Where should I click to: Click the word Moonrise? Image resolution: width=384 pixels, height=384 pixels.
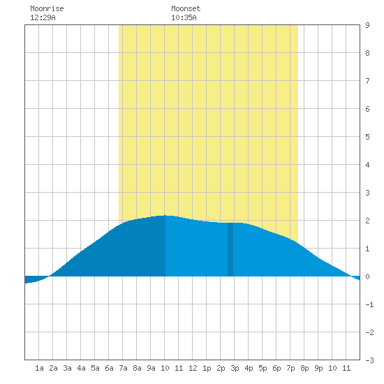click(x=47, y=8)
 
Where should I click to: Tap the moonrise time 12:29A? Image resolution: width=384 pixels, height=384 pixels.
click(x=43, y=17)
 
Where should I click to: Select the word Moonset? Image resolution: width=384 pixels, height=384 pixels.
click(x=186, y=8)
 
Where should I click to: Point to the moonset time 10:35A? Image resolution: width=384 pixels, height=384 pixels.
click(x=184, y=17)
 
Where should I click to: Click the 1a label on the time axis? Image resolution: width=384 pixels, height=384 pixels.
click(x=39, y=368)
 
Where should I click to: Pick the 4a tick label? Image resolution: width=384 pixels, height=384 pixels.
click(x=81, y=368)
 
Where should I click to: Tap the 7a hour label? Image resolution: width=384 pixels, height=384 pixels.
click(x=123, y=368)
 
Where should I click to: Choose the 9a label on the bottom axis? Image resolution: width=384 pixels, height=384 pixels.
click(x=151, y=368)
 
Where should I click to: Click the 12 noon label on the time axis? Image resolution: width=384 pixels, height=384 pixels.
click(x=193, y=368)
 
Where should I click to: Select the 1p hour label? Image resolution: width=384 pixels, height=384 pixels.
click(x=207, y=368)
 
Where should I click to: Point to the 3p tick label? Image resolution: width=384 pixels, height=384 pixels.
click(x=235, y=368)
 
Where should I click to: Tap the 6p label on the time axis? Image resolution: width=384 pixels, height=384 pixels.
click(x=276, y=368)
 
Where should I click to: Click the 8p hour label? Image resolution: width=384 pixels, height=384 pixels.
click(x=304, y=368)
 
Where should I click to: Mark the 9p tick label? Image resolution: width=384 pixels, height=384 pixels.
click(x=318, y=368)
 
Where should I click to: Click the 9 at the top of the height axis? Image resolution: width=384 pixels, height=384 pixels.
click(x=367, y=25)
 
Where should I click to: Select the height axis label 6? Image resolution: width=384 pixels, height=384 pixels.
click(x=367, y=109)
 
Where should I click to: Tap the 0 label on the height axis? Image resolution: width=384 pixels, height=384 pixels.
click(x=367, y=276)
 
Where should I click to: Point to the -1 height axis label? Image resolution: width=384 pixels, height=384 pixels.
click(x=369, y=304)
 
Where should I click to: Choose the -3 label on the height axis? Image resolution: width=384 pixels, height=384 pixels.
click(x=369, y=360)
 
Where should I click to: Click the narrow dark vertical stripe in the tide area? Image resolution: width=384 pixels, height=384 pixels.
click(x=230, y=249)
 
